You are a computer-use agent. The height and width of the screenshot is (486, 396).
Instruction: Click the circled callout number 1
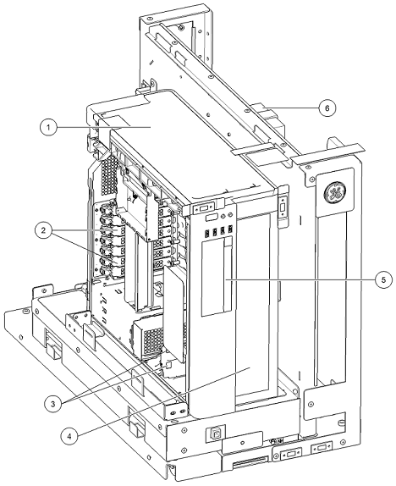point(48,127)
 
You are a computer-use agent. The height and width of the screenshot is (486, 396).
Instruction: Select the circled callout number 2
point(44,230)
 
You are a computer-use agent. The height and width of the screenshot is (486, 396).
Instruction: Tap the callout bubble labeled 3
point(52,404)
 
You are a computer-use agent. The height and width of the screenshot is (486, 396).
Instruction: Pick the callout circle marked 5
point(383,279)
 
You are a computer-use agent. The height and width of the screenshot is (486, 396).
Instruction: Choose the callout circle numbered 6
point(327,108)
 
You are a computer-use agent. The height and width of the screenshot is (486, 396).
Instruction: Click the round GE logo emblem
point(335,193)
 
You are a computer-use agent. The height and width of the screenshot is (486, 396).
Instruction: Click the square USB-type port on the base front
point(216,434)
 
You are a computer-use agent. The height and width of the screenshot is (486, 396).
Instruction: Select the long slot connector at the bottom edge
point(249,464)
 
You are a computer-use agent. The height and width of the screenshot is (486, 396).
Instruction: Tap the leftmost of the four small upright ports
point(206,232)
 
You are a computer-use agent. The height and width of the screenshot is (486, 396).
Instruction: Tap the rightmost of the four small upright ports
point(230,230)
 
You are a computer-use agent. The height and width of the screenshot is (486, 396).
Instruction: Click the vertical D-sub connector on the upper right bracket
point(283,208)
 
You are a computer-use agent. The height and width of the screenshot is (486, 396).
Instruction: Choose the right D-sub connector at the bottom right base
point(322,447)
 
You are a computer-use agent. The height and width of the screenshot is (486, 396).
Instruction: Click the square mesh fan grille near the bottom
point(153,339)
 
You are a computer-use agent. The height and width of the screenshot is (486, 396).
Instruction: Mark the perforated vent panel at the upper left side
point(110,176)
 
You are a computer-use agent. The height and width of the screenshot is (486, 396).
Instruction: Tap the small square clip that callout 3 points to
point(169,364)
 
